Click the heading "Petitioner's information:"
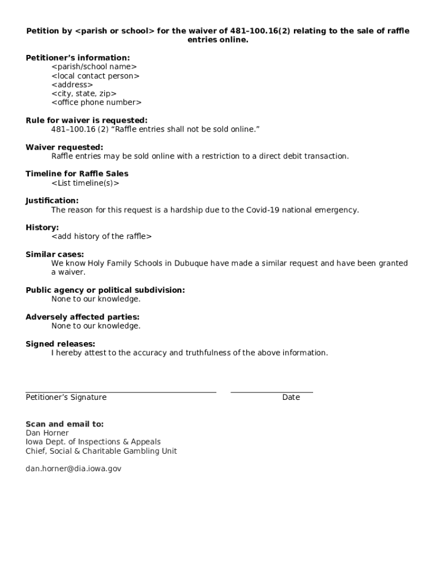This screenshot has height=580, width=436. click(78, 58)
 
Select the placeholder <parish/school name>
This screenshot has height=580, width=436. click(94, 67)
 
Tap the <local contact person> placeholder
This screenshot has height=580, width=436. click(95, 76)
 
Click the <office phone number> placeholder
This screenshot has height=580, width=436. click(96, 103)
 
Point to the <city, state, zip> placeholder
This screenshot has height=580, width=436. click(84, 93)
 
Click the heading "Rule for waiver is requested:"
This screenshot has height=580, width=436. click(86, 120)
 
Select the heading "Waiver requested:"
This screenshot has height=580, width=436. click(64, 147)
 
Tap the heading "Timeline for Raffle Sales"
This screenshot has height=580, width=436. click(77, 174)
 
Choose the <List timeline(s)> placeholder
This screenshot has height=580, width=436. click(85, 183)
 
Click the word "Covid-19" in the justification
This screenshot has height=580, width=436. click(263, 210)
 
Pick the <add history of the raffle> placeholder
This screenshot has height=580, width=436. click(101, 237)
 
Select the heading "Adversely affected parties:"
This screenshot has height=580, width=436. click(82, 317)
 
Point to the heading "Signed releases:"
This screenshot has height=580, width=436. click(60, 344)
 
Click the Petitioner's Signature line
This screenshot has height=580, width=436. click(121, 391)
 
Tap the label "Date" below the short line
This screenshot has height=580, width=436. click(291, 398)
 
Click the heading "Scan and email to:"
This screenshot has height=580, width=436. click(65, 424)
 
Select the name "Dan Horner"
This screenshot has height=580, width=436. click(47, 433)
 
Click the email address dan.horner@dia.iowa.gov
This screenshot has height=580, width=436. click(73, 469)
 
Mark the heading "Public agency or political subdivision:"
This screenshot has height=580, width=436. click(105, 290)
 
